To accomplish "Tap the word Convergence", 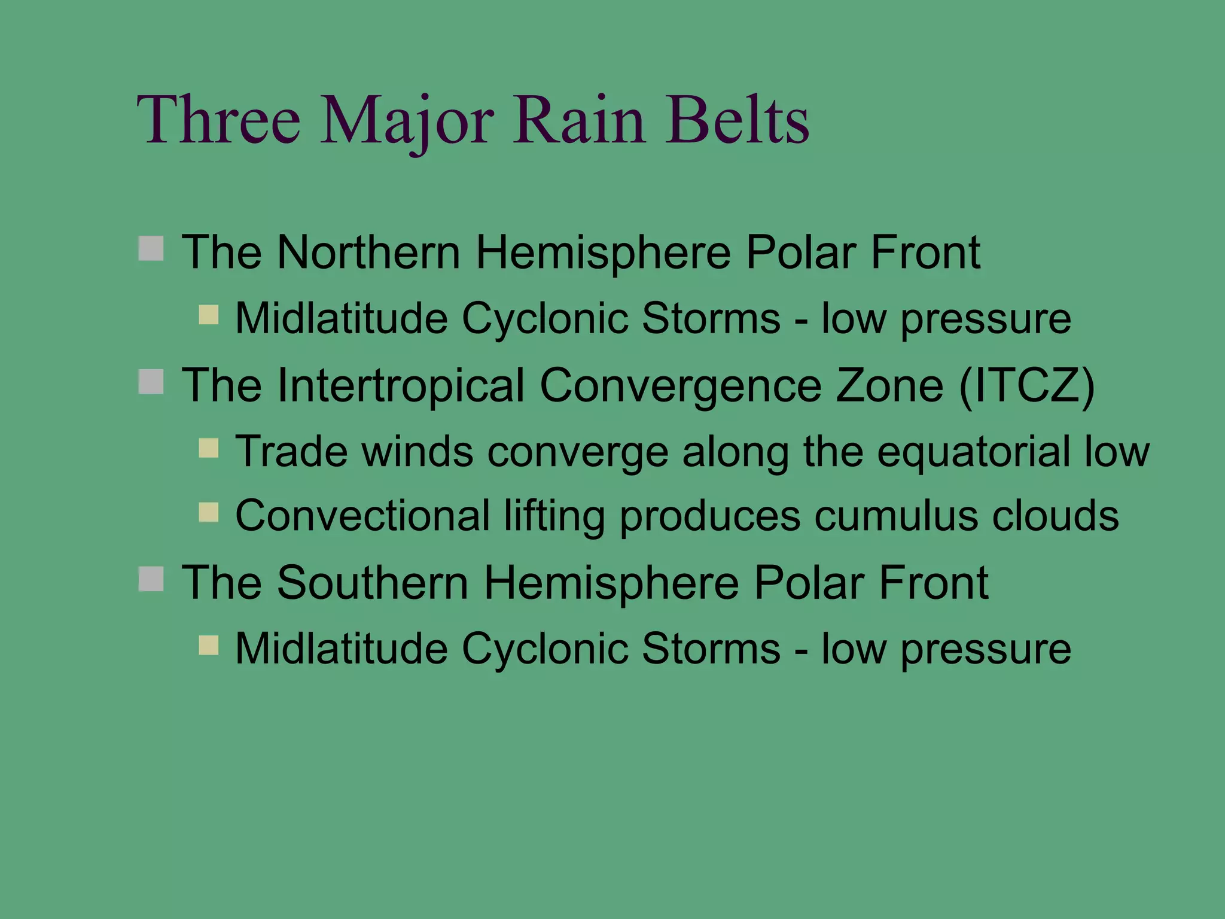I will point(681,385).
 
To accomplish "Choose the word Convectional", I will point(362,515).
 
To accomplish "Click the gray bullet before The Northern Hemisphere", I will point(151,248).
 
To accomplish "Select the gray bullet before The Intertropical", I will point(151,381).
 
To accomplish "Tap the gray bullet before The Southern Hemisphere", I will point(151,579).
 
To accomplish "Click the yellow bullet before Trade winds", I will point(208,448).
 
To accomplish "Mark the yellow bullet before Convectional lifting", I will point(208,512).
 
